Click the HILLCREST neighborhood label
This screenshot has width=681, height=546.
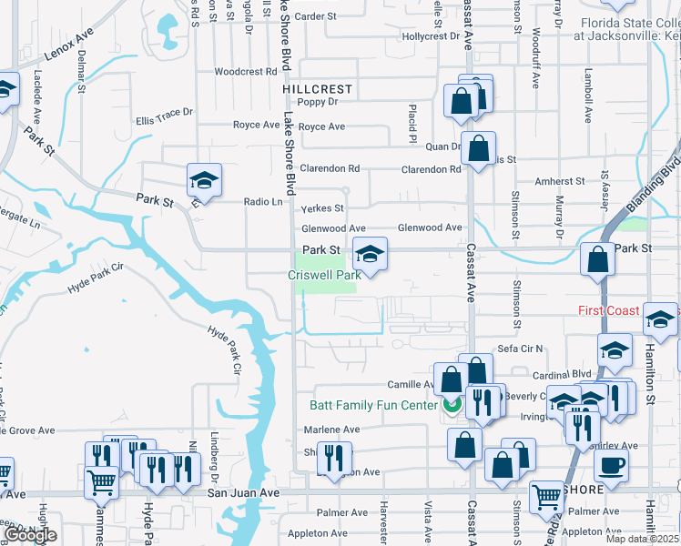[316, 90]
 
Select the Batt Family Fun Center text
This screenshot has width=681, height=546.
[373, 405]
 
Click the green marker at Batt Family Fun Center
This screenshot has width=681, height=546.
[451, 405]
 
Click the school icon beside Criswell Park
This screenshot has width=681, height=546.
[370, 255]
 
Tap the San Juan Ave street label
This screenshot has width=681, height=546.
[243, 492]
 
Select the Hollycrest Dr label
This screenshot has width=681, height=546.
[432, 36]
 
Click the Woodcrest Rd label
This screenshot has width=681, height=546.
[246, 72]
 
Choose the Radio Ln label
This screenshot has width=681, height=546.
[263, 202]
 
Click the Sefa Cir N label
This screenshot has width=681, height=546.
[520, 349]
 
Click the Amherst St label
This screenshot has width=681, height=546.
[559, 182]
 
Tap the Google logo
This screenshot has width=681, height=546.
[30, 535]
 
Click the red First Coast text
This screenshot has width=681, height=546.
[609, 310]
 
